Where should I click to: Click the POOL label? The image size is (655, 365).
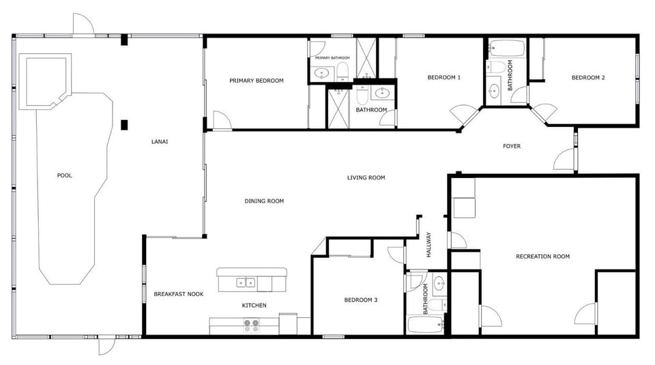(64, 175)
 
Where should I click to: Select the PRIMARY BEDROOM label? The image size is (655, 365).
(256, 81)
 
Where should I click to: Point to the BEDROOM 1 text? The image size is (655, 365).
(443, 77)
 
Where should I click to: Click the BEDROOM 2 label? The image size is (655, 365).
(587, 77)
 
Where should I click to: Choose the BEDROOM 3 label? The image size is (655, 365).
(360, 300)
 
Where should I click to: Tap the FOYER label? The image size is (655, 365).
(512, 145)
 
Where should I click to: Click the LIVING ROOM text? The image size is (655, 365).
(366, 177)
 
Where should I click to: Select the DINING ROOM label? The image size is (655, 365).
(264, 201)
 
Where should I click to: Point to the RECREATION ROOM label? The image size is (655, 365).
(542, 257)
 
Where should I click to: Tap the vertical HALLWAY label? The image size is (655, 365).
(429, 245)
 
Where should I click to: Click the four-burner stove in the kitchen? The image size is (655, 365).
(252, 325)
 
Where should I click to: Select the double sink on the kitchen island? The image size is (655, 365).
(245, 282)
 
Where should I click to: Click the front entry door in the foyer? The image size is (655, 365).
(565, 160)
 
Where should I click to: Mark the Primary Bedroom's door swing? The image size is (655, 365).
(221, 120)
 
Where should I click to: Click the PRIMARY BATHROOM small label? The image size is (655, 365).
(332, 58)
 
